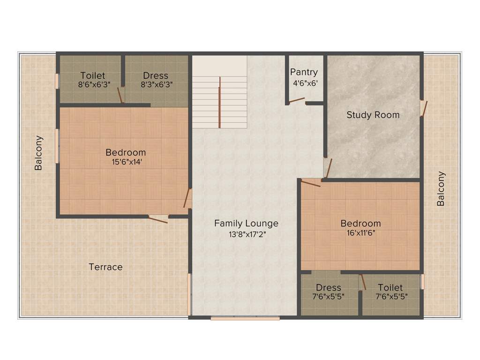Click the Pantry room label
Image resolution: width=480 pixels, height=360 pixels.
(304, 72)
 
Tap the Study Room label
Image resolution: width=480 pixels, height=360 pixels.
(373, 115)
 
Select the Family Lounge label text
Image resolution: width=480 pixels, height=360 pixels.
(246, 224)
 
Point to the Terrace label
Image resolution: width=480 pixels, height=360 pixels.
(105, 267)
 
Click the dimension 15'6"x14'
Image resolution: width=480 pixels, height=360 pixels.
(125, 163)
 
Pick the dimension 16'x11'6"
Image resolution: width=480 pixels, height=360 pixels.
(360, 233)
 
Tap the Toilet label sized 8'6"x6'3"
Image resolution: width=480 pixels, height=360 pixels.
(92, 75)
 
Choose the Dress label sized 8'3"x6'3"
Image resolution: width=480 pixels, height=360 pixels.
(156, 75)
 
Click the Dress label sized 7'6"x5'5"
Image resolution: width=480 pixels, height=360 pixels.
(328, 287)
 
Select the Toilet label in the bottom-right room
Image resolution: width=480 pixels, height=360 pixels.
(390, 287)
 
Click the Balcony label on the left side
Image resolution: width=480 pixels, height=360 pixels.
(39, 153)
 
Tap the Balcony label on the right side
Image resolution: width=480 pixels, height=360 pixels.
(441, 189)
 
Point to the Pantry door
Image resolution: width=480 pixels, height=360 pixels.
(296, 100)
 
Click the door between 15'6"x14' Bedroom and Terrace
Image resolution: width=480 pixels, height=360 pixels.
(158, 219)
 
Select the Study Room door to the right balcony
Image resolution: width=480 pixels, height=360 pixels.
(424, 108)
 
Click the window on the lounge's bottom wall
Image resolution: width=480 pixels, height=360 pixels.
(245, 318)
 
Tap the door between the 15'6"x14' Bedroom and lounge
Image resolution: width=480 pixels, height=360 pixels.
(187, 199)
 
